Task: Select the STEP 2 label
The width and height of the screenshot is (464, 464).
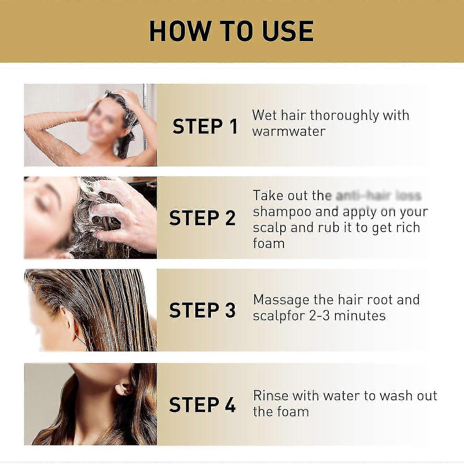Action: [202, 218]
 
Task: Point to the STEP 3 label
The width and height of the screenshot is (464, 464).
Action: [202, 310]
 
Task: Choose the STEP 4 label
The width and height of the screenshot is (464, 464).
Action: [202, 404]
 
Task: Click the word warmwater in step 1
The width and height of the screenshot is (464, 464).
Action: [289, 131]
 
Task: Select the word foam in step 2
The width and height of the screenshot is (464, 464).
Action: [269, 243]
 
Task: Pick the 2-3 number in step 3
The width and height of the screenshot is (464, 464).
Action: [319, 316]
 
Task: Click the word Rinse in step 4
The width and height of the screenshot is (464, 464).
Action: [271, 396]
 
